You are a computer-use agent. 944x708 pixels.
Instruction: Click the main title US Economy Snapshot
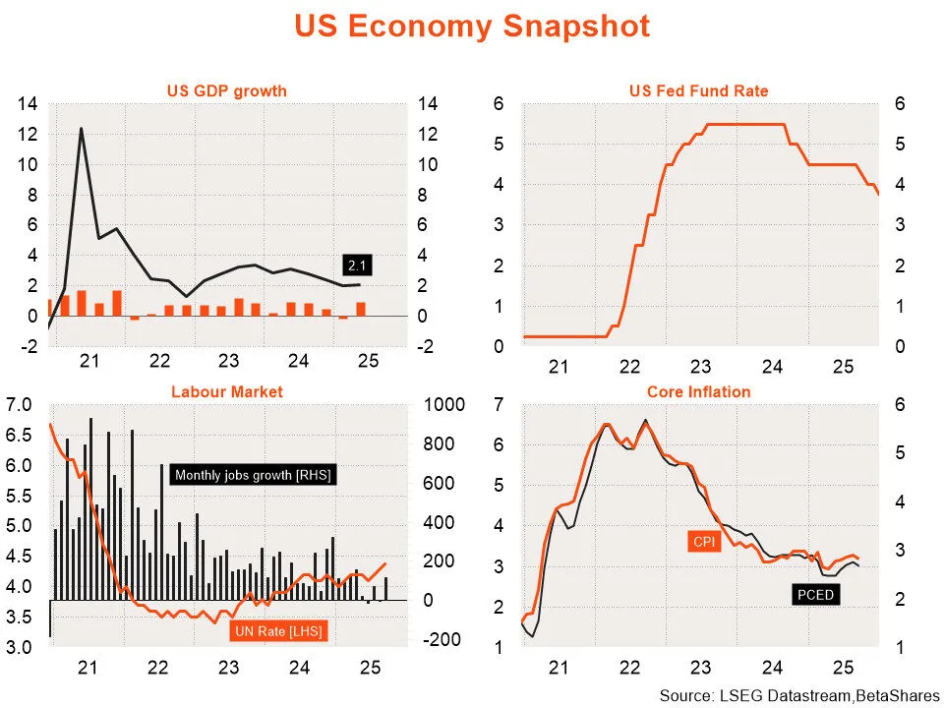tap(472, 27)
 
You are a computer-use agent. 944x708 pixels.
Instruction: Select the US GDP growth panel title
tap(226, 91)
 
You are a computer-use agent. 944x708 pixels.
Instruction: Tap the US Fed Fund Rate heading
tap(698, 91)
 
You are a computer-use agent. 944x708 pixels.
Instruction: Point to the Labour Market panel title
tap(226, 391)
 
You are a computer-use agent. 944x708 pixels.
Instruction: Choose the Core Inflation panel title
tap(698, 391)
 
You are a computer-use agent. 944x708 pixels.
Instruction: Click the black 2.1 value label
tap(355, 265)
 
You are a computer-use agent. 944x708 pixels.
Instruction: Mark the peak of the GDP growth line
tap(81, 129)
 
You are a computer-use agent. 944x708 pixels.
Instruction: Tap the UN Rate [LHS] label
tap(278, 630)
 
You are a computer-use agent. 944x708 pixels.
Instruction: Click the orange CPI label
tap(703, 540)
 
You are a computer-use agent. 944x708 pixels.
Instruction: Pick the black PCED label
tap(815, 594)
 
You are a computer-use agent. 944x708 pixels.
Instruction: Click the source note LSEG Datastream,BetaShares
tap(799, 696)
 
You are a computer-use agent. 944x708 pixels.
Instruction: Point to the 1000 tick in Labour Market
tap(441, 405)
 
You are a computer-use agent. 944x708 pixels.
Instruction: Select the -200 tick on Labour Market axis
tap(441, 640)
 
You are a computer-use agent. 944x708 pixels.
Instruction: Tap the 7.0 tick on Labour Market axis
tap(20, 405)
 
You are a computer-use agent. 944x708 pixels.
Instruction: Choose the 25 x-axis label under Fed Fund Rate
tap(842, 368)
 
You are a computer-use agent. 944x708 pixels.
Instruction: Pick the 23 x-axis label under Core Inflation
tap(700, 668)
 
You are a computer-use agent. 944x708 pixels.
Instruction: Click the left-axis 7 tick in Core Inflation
tap(500, 405)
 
